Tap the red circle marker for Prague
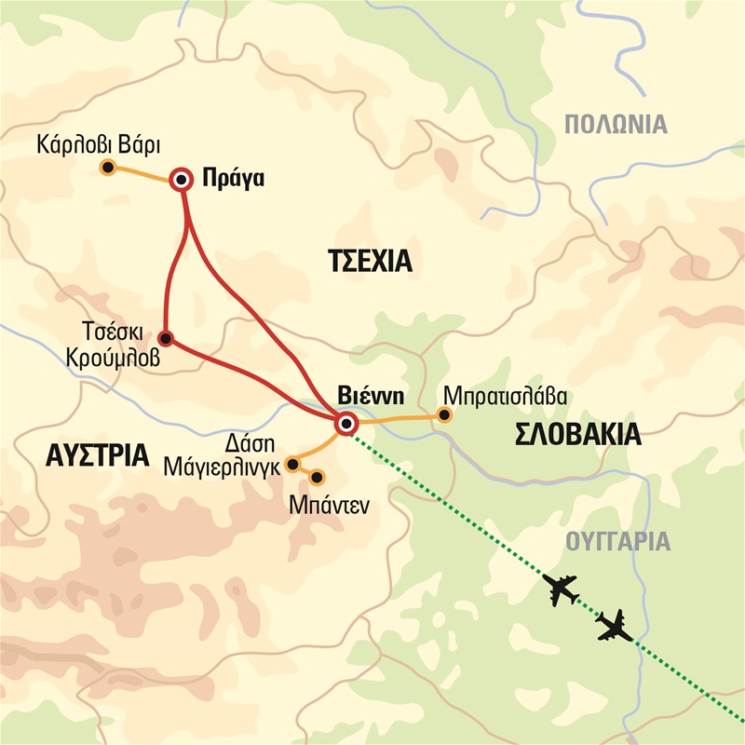(x=182, y=181)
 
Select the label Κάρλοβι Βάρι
(x=100, y=145)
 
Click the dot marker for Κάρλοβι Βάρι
(x=108, y=169)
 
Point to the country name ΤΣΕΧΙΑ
(x=370, y=261)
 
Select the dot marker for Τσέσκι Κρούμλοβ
(x=166, y=338)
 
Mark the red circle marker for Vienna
(x=346, y=425)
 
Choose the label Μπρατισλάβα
(x=507, y=392)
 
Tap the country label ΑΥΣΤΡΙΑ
(x=98, y=455)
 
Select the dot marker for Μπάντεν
(x=317, y=478)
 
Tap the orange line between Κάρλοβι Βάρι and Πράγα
(x=144, y=174)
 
